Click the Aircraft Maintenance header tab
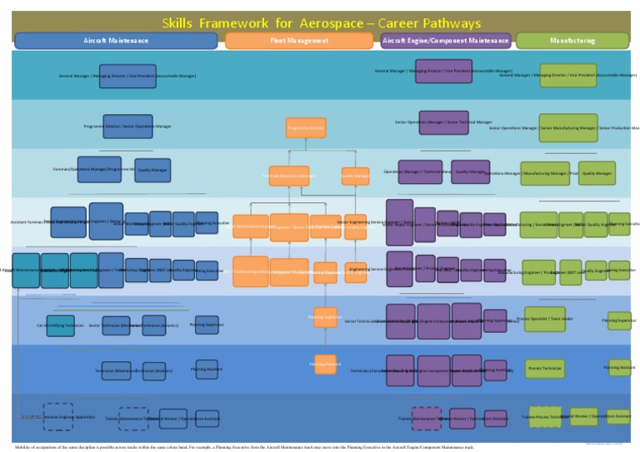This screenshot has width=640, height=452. (x=116, y=41)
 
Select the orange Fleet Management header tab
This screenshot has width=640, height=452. (x=299, y=41)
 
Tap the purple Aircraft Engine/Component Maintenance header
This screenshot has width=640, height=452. (x=445, y=41)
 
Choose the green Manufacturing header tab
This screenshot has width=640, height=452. (x=572, y=41)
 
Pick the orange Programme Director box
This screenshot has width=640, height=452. (x=306, y=128)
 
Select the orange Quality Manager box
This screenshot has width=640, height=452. (x=355, y=176)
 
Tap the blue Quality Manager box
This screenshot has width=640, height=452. (x=152, y=170)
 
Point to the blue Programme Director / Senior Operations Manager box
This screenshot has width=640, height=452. (x=127, y=127)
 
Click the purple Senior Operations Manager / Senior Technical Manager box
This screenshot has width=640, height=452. (x=443, y=122)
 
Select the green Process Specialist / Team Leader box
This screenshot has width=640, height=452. (x=544, y=319)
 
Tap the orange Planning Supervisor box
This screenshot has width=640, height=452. (x=325, y=317)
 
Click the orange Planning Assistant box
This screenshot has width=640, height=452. (x=325, y=365)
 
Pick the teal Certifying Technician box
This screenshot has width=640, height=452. (x=60, y=325)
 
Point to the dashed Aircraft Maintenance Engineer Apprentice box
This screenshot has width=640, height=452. (x=58, y=417)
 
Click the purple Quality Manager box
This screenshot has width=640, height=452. (x=471, y=172)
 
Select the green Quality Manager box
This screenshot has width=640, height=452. (x=597, y=173)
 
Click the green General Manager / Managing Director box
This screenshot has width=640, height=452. (x=567, y=75)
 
